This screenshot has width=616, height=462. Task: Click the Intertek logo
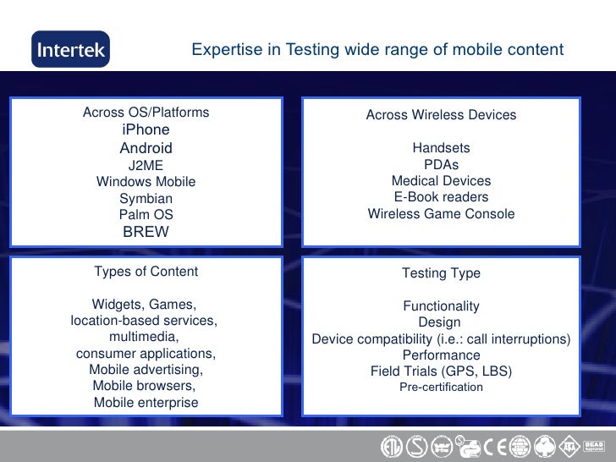pos(70,50)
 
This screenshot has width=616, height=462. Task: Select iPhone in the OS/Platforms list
pos(146,130)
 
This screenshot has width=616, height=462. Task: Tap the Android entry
pos(146,148)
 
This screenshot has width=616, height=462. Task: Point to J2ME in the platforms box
pos(146,165)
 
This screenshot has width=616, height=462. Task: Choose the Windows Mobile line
pos(146,182)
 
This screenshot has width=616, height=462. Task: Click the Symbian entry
pos(146,198)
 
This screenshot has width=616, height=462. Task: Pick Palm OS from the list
pos(146,215)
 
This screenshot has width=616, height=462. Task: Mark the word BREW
pos(146,232)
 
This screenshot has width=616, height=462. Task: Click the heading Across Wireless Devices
pos(441,115)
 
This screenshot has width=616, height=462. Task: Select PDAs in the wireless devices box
pos(441,165)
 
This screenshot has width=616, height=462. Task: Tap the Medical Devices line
pos(441,181)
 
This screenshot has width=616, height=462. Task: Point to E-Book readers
pos(441,197)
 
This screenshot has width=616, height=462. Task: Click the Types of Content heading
pos(146,272)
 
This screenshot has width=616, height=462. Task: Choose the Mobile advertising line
pos(146,370)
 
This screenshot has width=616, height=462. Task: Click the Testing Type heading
pos(441,273)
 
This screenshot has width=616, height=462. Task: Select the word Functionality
pos(441,306)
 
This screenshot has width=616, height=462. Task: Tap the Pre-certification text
pos(441,387)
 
